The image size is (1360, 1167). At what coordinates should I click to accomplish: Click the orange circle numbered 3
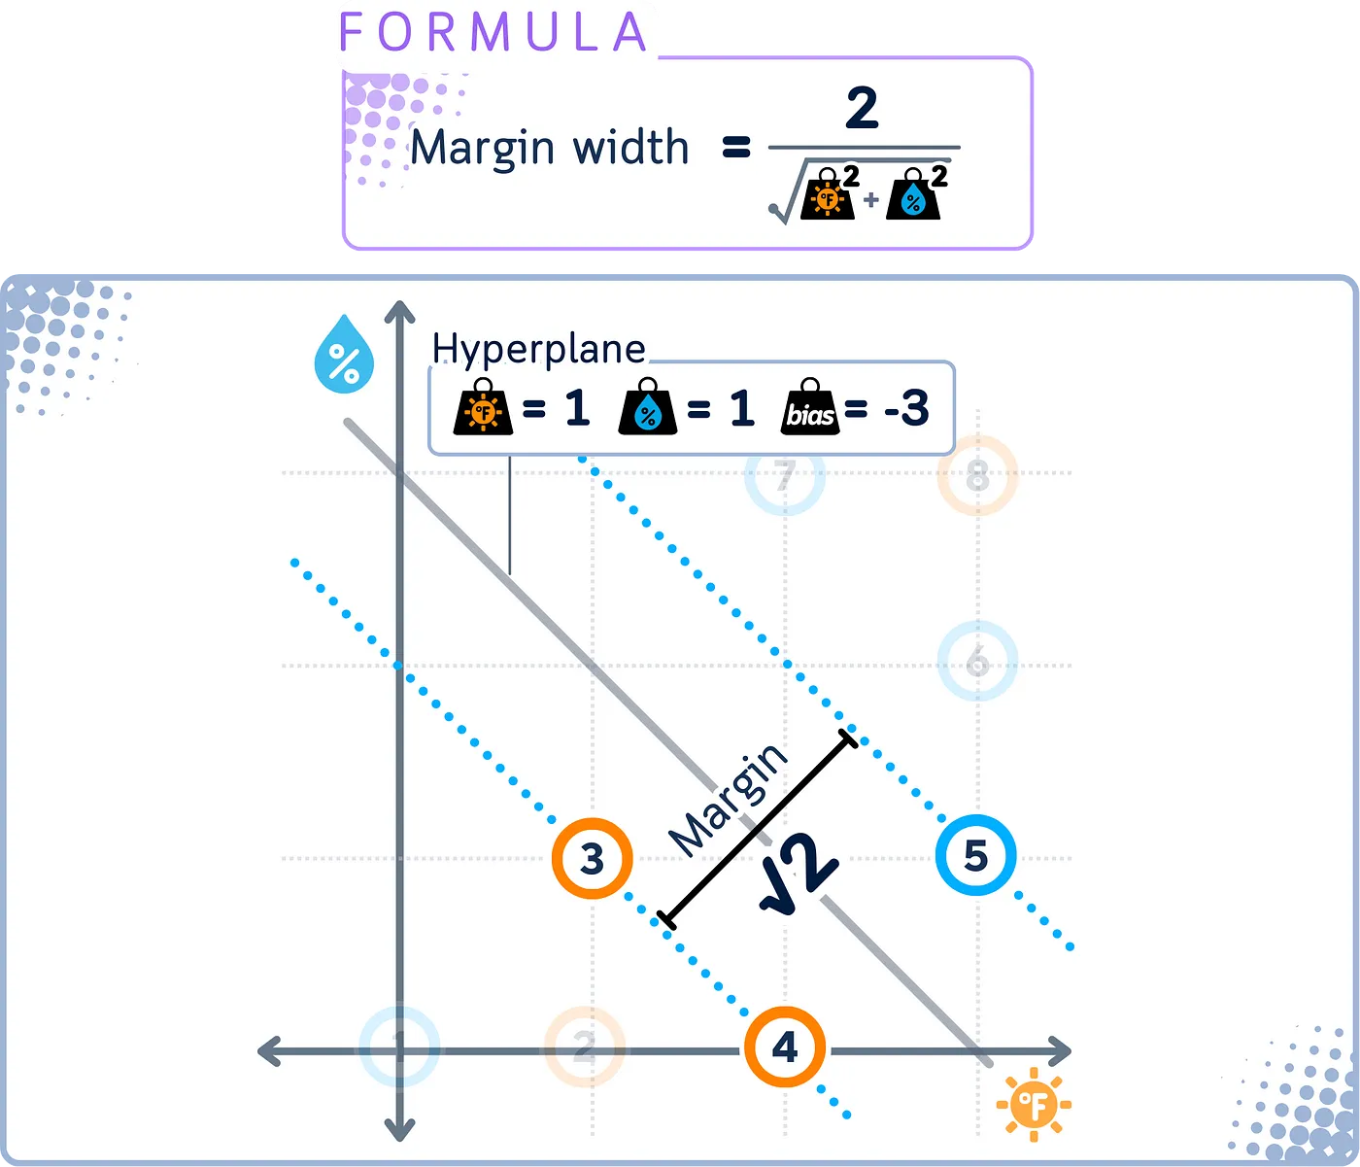pos(592,858)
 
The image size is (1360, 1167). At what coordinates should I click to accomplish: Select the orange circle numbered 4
pos(785,1048)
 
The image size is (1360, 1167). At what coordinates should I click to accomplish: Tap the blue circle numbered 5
pos(976,856)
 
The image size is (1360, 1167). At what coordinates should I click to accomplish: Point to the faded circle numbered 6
pos(977,663)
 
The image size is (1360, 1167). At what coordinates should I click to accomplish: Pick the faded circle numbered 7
pos(785,475)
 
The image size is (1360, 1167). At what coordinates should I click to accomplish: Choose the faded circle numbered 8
pos(977,476)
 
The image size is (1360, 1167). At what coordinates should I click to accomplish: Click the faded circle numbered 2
pos(584,1047)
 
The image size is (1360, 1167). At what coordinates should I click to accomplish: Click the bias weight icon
pos(810,408)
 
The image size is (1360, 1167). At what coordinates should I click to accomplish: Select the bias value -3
pos(906,408)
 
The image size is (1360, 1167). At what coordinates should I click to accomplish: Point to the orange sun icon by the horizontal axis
pos(1033,1104)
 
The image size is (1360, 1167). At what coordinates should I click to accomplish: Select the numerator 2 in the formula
pos(862,108)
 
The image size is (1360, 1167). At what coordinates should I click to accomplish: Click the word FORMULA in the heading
pos(493,32)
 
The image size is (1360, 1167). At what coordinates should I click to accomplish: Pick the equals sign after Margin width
pos(737,149)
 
